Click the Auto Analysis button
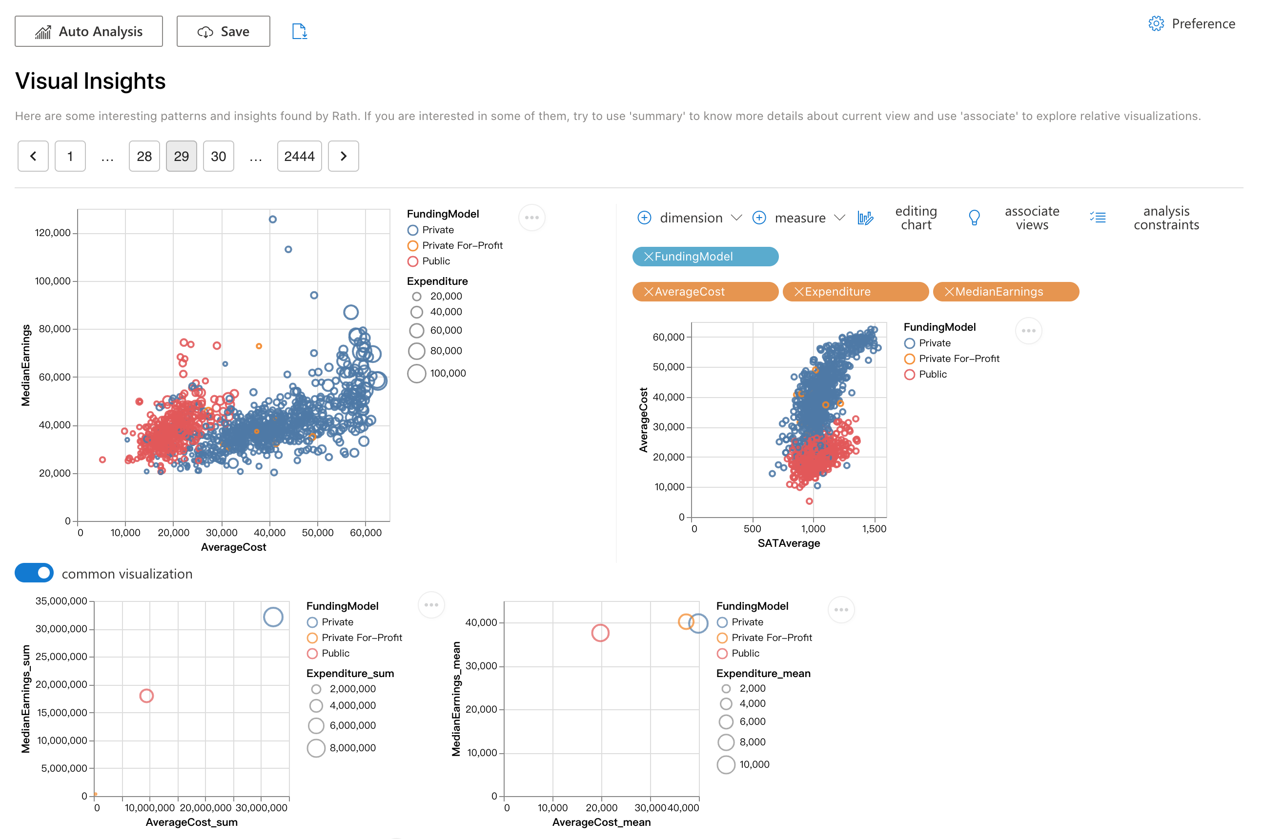click(x=89, y=32)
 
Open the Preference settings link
click(x=1192, y=24)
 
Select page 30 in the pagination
click(x=219, y=156)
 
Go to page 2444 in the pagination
click(x=299, y=156)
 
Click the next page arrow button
click(x=343, y=156)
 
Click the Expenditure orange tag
click(x=855, y=292)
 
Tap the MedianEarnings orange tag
click(x=1005, y=292)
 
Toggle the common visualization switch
click(x=34, y=574)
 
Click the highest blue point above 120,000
click(x=272, y=220)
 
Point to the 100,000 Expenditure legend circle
click(x=416, y=374)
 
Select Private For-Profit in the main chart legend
click(x=462, y=245)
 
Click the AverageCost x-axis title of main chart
click(x=233, y=547)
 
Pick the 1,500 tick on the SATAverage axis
click(x=874, y=529)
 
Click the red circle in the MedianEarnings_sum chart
click(x=147, y=696)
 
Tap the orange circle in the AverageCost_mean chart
click(x=686, y=622)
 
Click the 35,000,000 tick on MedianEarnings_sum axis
click(x=61, y=601)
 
